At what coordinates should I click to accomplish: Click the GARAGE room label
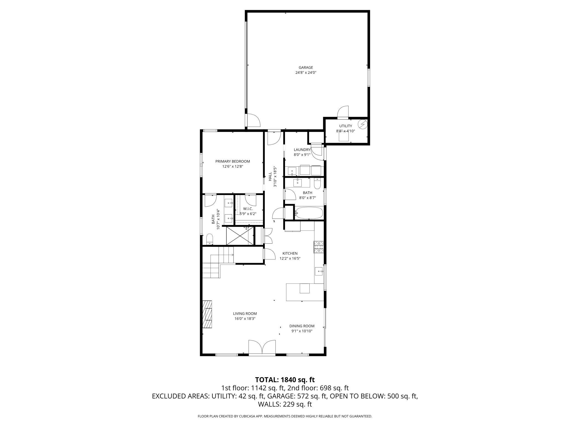click(306, 67)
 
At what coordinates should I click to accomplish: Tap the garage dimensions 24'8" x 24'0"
click(306, 73)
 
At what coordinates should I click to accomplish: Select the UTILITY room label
click(346, 126)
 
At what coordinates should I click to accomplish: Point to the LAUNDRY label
click(302, 150)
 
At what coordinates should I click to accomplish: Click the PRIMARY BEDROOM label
click(233, 161)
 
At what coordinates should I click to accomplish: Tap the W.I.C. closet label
click(248, 209)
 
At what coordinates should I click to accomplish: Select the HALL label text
click(270, 176)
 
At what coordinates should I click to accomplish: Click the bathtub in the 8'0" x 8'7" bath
click(309, 213)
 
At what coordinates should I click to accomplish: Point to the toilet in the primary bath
click(210, 239)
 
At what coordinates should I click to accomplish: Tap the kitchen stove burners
click(319, 247)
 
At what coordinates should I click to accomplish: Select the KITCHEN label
click(290, 254)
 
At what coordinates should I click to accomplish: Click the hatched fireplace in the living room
click(207, 314)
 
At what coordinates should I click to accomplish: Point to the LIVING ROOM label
click(245, 314)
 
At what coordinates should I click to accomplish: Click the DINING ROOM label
click(302, 326)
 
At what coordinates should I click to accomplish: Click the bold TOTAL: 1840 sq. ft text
click(285, 380)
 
